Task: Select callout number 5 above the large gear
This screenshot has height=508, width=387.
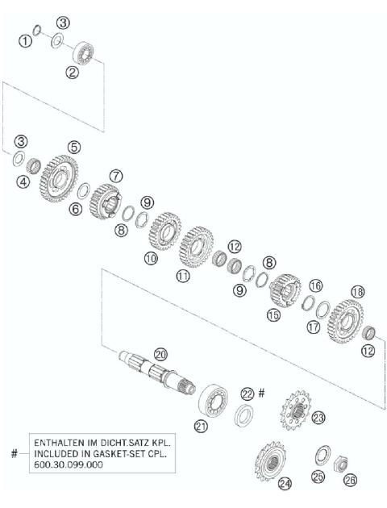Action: click(73, 147)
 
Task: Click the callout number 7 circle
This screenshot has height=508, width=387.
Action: click(116, 175)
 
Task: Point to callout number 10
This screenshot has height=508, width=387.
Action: click(150, 258)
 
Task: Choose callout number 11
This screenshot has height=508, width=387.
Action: click(183, 274)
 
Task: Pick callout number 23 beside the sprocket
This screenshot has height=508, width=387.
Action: click(318, 417)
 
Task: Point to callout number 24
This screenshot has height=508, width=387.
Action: click(284, 484)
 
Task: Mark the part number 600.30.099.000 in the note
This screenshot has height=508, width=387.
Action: click(71, 465)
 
